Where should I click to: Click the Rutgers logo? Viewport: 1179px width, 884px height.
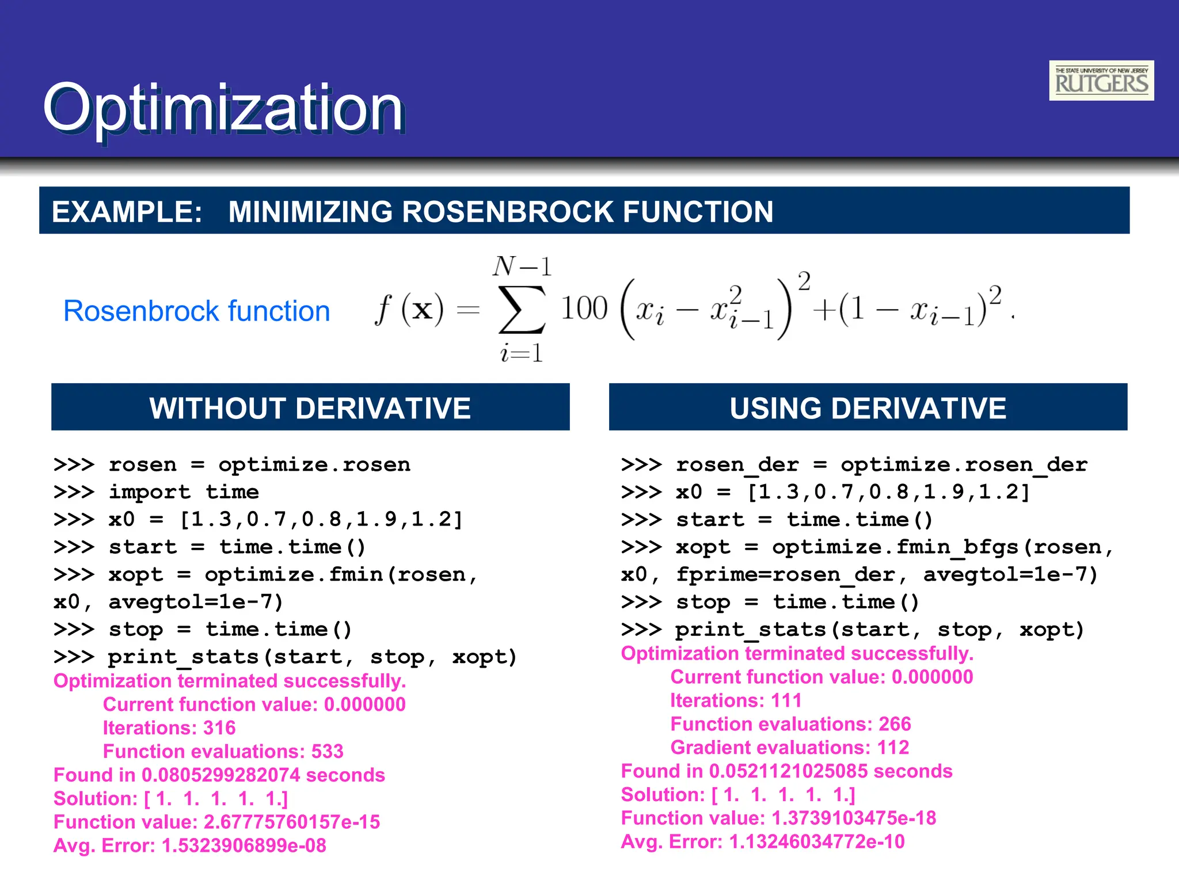(1101, 81)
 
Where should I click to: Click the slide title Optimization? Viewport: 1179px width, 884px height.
(223, 108)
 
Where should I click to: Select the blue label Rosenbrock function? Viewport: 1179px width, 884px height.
(196, 311)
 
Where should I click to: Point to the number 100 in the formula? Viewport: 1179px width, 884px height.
(584, 308)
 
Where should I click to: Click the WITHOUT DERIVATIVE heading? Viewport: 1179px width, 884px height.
(310, 408)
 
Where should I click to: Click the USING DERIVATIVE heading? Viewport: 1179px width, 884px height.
(868, 408)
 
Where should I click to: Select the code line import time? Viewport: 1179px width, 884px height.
(184, 492)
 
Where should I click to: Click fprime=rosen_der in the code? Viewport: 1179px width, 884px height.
(785, 574)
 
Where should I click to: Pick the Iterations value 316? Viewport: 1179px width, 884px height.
(219, 728)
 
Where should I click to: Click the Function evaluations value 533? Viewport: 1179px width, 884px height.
(327, 752)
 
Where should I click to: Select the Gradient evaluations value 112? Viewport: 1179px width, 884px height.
(893, 748)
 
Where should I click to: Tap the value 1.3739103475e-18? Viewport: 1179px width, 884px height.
(853, 818)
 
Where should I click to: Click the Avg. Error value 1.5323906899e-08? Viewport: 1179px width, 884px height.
(244, 845)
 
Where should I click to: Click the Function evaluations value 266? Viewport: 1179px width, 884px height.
(895, 724)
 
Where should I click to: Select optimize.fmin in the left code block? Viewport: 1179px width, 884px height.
(294, 574)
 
